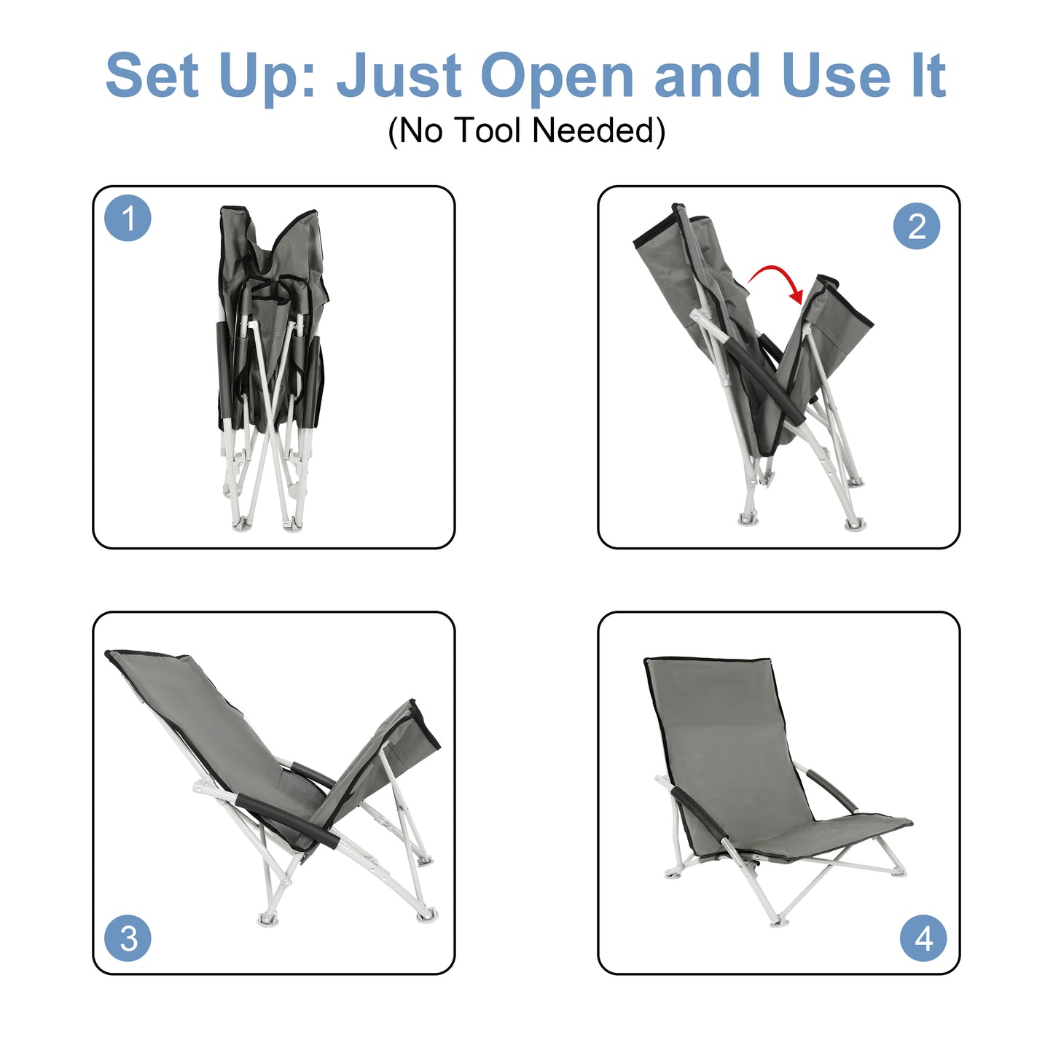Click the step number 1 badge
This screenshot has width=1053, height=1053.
(128, 218)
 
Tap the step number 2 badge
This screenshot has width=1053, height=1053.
(916, 226)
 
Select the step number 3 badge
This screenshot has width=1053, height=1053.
(128, 938)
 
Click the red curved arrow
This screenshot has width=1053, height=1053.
(777, 281)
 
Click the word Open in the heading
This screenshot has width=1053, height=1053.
(557, 77)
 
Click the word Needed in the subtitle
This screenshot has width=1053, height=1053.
(598, 131)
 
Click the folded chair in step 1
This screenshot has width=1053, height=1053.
(271, 364)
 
